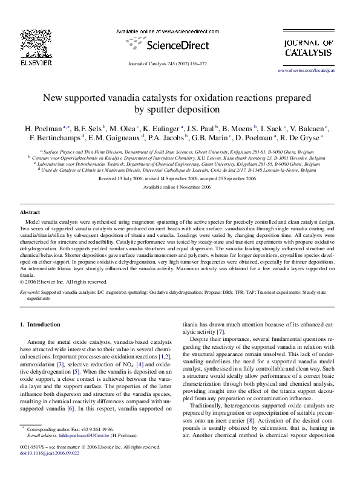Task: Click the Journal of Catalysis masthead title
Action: tap(308, 48)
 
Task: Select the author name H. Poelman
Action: tap(42, 129)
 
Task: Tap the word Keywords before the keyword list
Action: tap(30, 291)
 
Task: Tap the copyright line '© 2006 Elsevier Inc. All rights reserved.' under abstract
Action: tap(65, 281)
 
